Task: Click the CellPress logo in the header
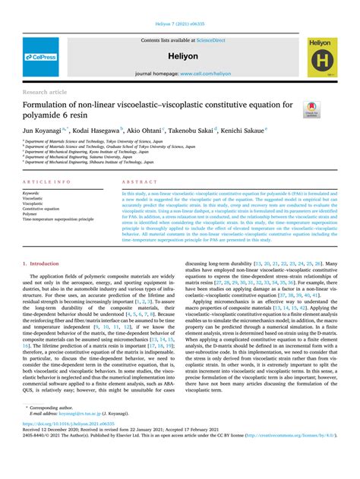coord(42,57)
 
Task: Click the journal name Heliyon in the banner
coord(181,56)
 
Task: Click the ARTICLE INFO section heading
coord(48,184)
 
